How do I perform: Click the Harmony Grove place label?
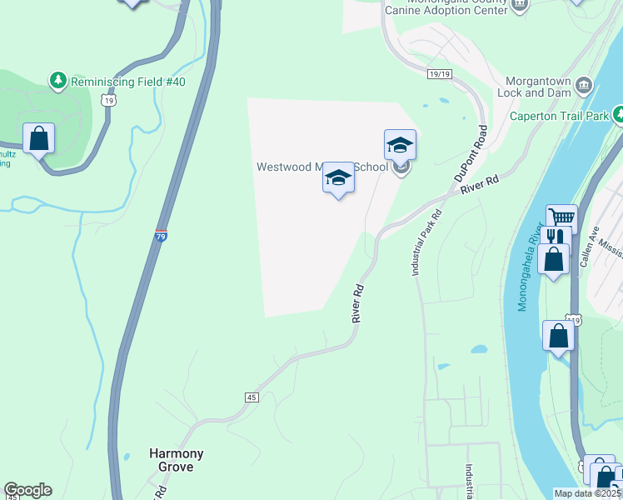tap(176, 460)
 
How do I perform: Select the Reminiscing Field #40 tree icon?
tap(58, 81)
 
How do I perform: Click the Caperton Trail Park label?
tap(559, 116)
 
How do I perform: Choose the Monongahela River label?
tap(529, 267)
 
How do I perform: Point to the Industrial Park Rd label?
tap(425, 242)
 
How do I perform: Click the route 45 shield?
tap(252, 397)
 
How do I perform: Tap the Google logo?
tap(27, 490)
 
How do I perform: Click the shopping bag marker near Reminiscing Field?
tap(38, 138)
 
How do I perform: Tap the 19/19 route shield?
tap(439, 74)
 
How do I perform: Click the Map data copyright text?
tap(588, 493)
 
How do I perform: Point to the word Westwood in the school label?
tap(283, 167)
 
